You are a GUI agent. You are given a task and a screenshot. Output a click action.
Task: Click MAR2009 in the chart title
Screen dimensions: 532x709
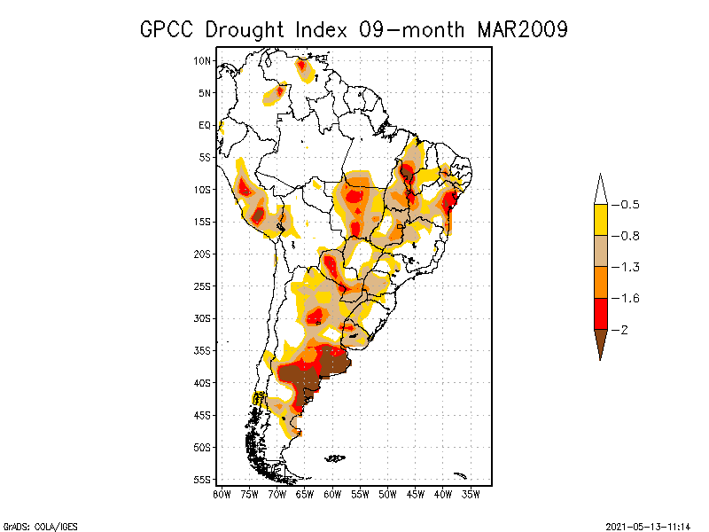(x=522, y=29)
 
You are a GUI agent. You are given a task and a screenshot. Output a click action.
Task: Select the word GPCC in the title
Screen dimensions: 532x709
(x=169, y=29)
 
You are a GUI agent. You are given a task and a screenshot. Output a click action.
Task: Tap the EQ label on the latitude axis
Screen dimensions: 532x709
(x=205, y=125)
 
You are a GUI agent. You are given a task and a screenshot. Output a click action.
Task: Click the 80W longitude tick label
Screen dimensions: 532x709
(x=222, y=494)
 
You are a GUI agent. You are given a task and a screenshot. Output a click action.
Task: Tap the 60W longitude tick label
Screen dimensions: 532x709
(x=333, y=494)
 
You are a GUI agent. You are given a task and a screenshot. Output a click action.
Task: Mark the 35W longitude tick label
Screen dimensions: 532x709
(x=471, y=494)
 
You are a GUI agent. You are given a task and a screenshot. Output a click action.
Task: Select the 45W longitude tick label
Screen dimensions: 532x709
(x=417, y=494)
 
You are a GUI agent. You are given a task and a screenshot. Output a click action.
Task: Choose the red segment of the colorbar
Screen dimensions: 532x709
(x=600, y=313)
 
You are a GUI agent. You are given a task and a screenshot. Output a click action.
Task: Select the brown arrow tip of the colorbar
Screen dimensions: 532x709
(x=600, y=341)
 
